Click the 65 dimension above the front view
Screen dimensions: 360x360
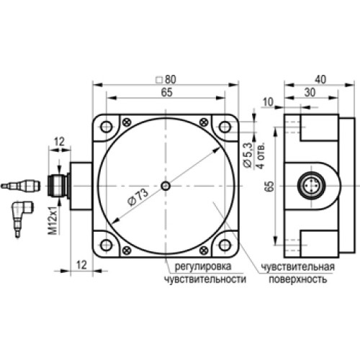tap(166, 93)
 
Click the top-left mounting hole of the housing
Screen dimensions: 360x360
tap(107, 126)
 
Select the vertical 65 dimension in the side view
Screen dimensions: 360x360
tap(269, 186)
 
